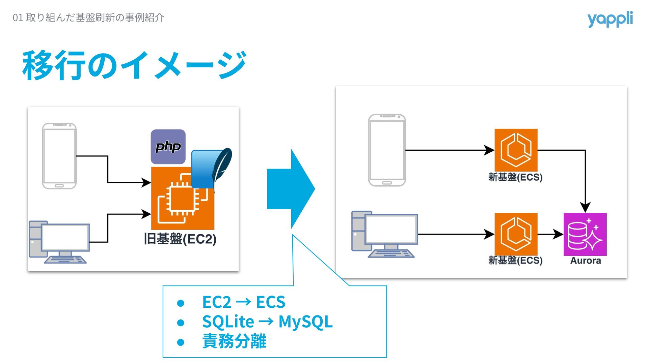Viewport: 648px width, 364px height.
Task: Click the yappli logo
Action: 610,19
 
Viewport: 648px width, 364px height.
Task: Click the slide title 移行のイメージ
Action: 134,65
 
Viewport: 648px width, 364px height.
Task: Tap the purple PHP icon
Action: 168,147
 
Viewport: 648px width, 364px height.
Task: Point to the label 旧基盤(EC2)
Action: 180,239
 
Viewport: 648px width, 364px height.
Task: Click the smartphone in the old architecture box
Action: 59,156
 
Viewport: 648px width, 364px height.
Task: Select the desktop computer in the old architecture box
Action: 59,242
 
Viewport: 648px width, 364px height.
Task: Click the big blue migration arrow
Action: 291,189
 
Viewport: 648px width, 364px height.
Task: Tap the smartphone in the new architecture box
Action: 387,150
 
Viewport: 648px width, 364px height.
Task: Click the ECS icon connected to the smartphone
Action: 516,150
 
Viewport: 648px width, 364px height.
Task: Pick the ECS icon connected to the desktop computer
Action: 516,234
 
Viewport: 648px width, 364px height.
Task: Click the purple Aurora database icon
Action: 585,234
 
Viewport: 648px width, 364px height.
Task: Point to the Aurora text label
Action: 586,261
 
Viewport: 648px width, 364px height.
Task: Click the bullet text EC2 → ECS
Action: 244,302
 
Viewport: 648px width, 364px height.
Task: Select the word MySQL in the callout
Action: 305,322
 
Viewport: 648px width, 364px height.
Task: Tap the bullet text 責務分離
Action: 234,341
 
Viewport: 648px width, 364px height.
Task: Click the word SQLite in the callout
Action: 228,322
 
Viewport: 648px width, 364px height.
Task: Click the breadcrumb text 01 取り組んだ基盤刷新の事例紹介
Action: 88,18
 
